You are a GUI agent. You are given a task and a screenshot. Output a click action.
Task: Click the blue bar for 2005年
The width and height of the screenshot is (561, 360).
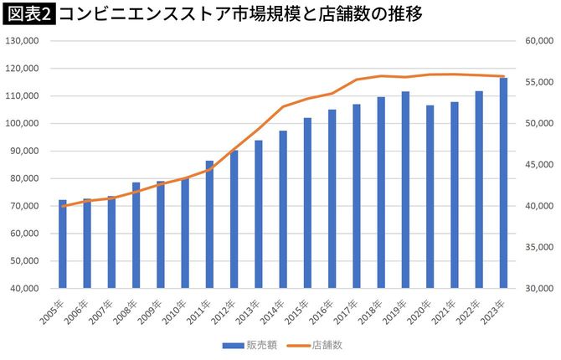tap(63, 244)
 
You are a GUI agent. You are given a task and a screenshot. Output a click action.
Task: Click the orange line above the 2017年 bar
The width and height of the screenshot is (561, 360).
tap(357, 80)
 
